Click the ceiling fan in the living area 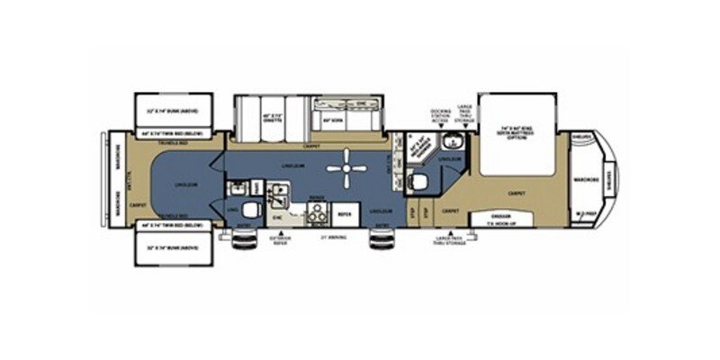click(345, 168)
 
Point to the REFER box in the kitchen click(344, 216)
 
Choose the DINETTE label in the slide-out click(248, 118)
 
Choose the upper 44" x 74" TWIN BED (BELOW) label click(172, 133)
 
